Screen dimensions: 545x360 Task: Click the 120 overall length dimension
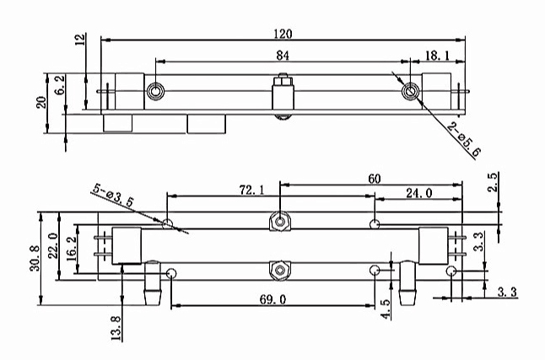283,34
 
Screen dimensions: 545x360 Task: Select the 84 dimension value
283,56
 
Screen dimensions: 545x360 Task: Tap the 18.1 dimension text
437,56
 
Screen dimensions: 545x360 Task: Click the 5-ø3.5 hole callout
113,196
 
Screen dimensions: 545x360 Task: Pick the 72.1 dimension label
251,190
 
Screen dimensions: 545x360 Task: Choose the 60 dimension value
375,179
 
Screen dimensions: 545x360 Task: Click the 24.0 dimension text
419,193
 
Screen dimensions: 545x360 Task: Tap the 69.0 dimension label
272,299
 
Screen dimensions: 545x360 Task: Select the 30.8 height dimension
35,258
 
